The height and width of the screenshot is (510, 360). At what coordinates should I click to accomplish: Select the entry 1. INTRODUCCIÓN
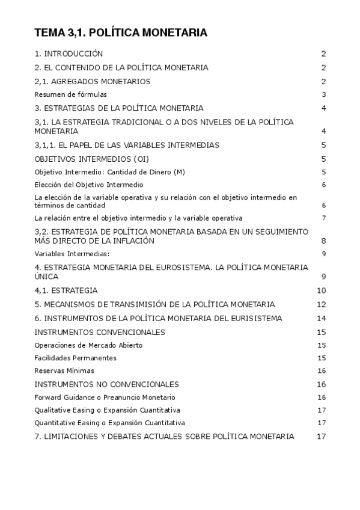[x=69, y=54]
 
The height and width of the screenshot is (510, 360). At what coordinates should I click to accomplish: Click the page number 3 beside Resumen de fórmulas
[x=323, y=94]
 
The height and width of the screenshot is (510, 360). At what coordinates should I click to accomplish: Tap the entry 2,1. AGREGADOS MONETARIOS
[x=92, y=81]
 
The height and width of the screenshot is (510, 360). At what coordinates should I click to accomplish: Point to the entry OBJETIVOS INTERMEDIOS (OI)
[x=91, y=159]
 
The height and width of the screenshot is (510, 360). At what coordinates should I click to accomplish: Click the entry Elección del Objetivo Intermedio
[x=89, y=185]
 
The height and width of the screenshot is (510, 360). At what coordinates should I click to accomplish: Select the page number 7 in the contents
[x=323, y=218]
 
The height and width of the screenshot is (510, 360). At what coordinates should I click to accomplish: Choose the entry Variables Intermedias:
[x=72, y=253]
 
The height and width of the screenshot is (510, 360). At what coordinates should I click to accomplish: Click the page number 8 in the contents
[x=323, y=241]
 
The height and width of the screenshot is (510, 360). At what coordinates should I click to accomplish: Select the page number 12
[x=321, y=304]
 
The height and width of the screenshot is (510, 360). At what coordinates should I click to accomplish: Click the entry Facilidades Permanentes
[x=76, y=358]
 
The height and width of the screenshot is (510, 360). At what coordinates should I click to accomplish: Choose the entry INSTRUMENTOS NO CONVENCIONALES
[x=106, y=384]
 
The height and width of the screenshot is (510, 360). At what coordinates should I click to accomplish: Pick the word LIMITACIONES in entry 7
[x=72, y=436]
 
